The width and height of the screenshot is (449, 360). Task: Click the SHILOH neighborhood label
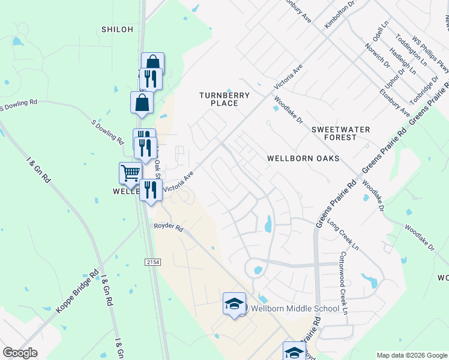point(116,29)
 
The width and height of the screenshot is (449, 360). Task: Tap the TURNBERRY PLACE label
point(218,99)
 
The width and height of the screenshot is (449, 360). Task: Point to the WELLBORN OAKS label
point(303,158)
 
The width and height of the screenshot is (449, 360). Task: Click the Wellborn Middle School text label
point(295,309)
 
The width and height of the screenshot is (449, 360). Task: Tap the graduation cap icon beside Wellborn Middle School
point(234,304)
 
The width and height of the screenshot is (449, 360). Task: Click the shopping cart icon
point(130,173)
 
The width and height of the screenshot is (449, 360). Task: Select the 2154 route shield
point(153,262)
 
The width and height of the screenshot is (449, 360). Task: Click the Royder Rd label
point(167,226)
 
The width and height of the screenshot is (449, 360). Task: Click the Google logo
point(20,353)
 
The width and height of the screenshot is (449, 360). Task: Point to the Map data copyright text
point(411,355)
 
